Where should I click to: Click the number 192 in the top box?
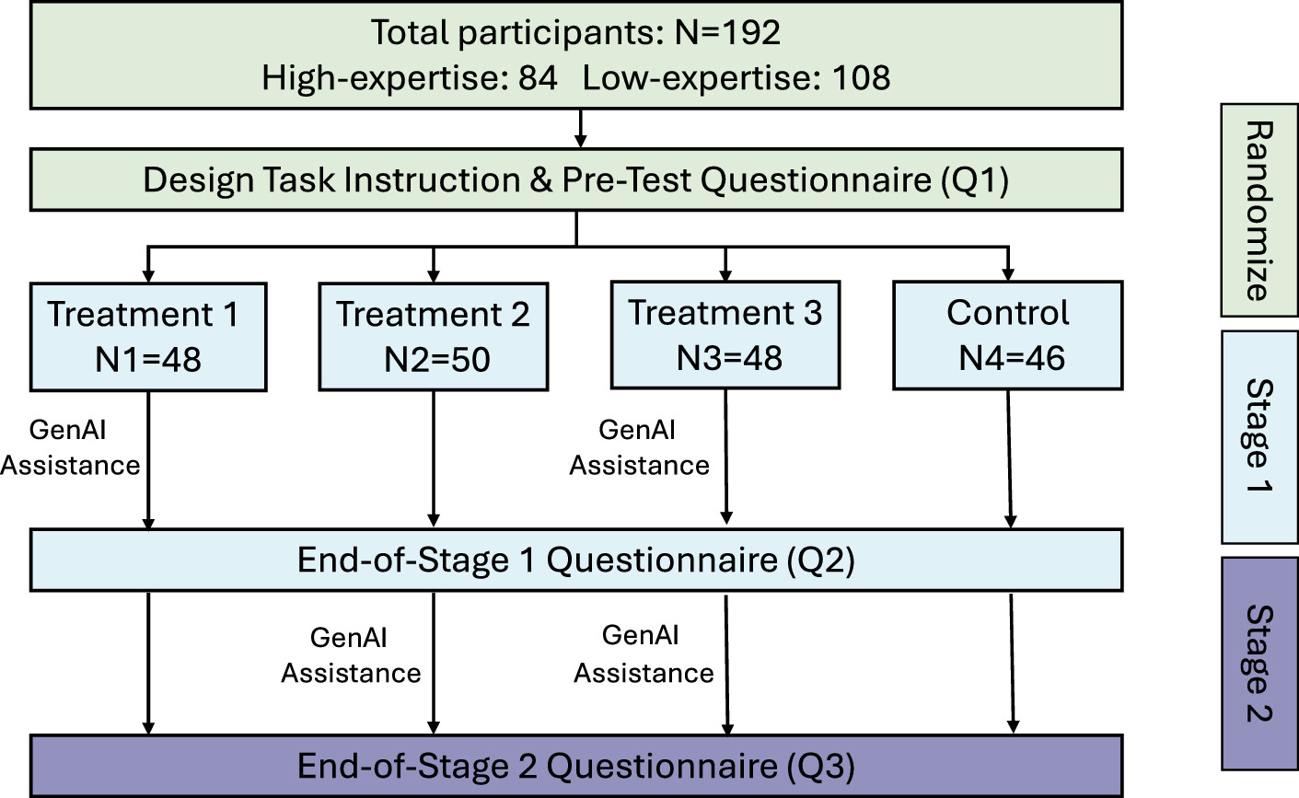[x=751, y=32]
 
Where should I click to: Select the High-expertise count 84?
[x=538, y=77]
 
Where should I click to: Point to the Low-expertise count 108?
[x=861, y=77]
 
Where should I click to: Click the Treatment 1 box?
[x=148, y=337]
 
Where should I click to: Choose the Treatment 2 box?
[x=434, y=337]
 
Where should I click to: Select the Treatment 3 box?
[x=725, y=335]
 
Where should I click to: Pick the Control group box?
[x=1008, y=336]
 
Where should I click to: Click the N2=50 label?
[x=437, y=360]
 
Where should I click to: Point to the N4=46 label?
[x=1012, y=358]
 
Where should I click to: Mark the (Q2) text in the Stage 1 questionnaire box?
[x=820, y=561]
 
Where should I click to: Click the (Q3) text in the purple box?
[x=820, y=767]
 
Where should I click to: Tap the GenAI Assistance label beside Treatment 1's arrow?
[x=70, y=447]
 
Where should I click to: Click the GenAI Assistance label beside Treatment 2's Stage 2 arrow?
[x=351, y=655]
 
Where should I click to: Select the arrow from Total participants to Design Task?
[x=580, y=129]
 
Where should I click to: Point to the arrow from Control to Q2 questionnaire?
[x=1009, y=459]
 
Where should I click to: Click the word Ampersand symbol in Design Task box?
[x=540, y=180]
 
